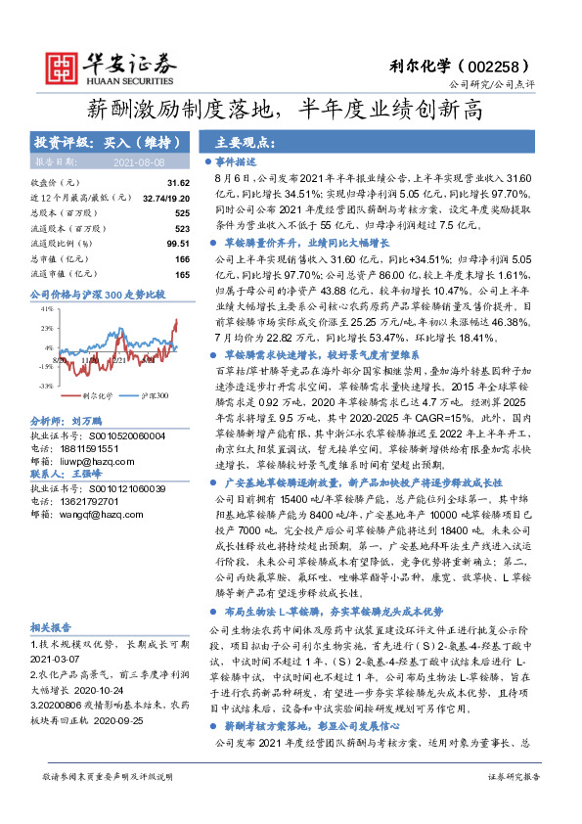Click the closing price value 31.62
click(177, 183)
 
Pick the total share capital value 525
click(181, 212)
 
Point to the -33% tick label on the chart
click(46, 386)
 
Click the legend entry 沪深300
click(151, 395)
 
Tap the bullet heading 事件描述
click(237, 161)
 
